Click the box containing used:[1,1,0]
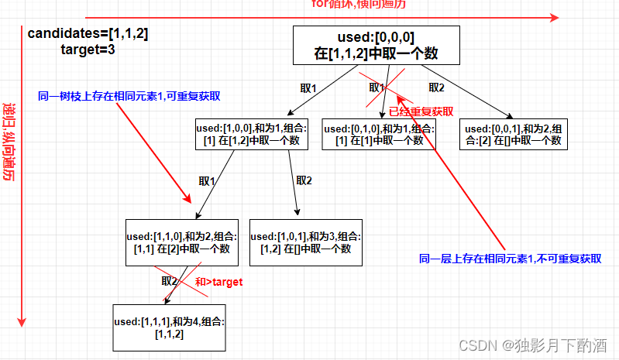[x=181, y=242]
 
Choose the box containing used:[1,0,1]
[x=305, y=242]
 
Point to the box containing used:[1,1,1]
[x=169, y=327]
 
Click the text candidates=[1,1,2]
[x=88, y=34]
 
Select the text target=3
[x=88, y=50]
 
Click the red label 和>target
[x=218, y=283]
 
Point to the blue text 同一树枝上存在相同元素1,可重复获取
[x=129, y=97]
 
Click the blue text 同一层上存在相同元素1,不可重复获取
[x=510, y=259]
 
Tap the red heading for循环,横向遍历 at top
[x=358, y=5]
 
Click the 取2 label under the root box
[x=437, y=87]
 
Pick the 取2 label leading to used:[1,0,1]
[x=304, y=180]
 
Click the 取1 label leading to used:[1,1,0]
[x=207, y=180]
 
